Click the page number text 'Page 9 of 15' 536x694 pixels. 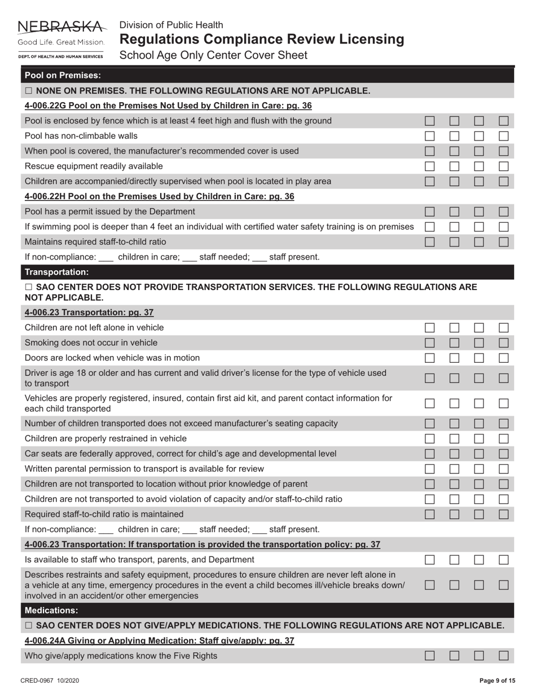pos(497,681)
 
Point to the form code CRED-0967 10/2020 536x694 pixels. pos(50,681)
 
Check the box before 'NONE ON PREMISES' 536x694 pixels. pos(29,91)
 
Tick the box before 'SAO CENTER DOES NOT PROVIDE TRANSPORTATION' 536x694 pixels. pos(29,287)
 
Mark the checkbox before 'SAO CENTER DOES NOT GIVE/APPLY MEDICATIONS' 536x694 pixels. pos(29,626)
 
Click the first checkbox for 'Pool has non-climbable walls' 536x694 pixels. pos(430,136)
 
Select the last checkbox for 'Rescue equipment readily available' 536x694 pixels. pos(504,166)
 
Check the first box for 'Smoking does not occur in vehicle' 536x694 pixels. pos(430,343)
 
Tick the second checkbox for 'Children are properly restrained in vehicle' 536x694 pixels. pos(455,439)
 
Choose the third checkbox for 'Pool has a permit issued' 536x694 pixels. pos(479,212)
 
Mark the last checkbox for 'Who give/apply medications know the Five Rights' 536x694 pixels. pos(504,656)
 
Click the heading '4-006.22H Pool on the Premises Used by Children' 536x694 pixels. pos(160,197)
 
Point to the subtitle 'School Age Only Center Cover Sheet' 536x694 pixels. pos(213,55)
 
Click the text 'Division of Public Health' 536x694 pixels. pos(171,25)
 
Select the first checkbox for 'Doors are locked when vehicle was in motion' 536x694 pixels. pos(430,358)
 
